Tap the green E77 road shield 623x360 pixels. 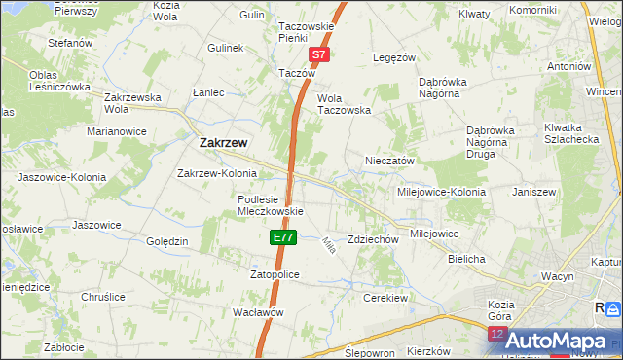[282, 236]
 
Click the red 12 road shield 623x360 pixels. [496, 334]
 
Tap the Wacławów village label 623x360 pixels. [258, 312]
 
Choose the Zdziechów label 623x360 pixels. [374, 239]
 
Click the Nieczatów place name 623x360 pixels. [389, 161]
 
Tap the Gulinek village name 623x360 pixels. [225, 47]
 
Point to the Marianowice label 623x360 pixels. [116, 130]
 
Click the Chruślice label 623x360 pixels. [104, 297]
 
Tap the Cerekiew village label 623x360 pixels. [386, 297]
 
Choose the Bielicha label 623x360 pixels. [466, 260]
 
